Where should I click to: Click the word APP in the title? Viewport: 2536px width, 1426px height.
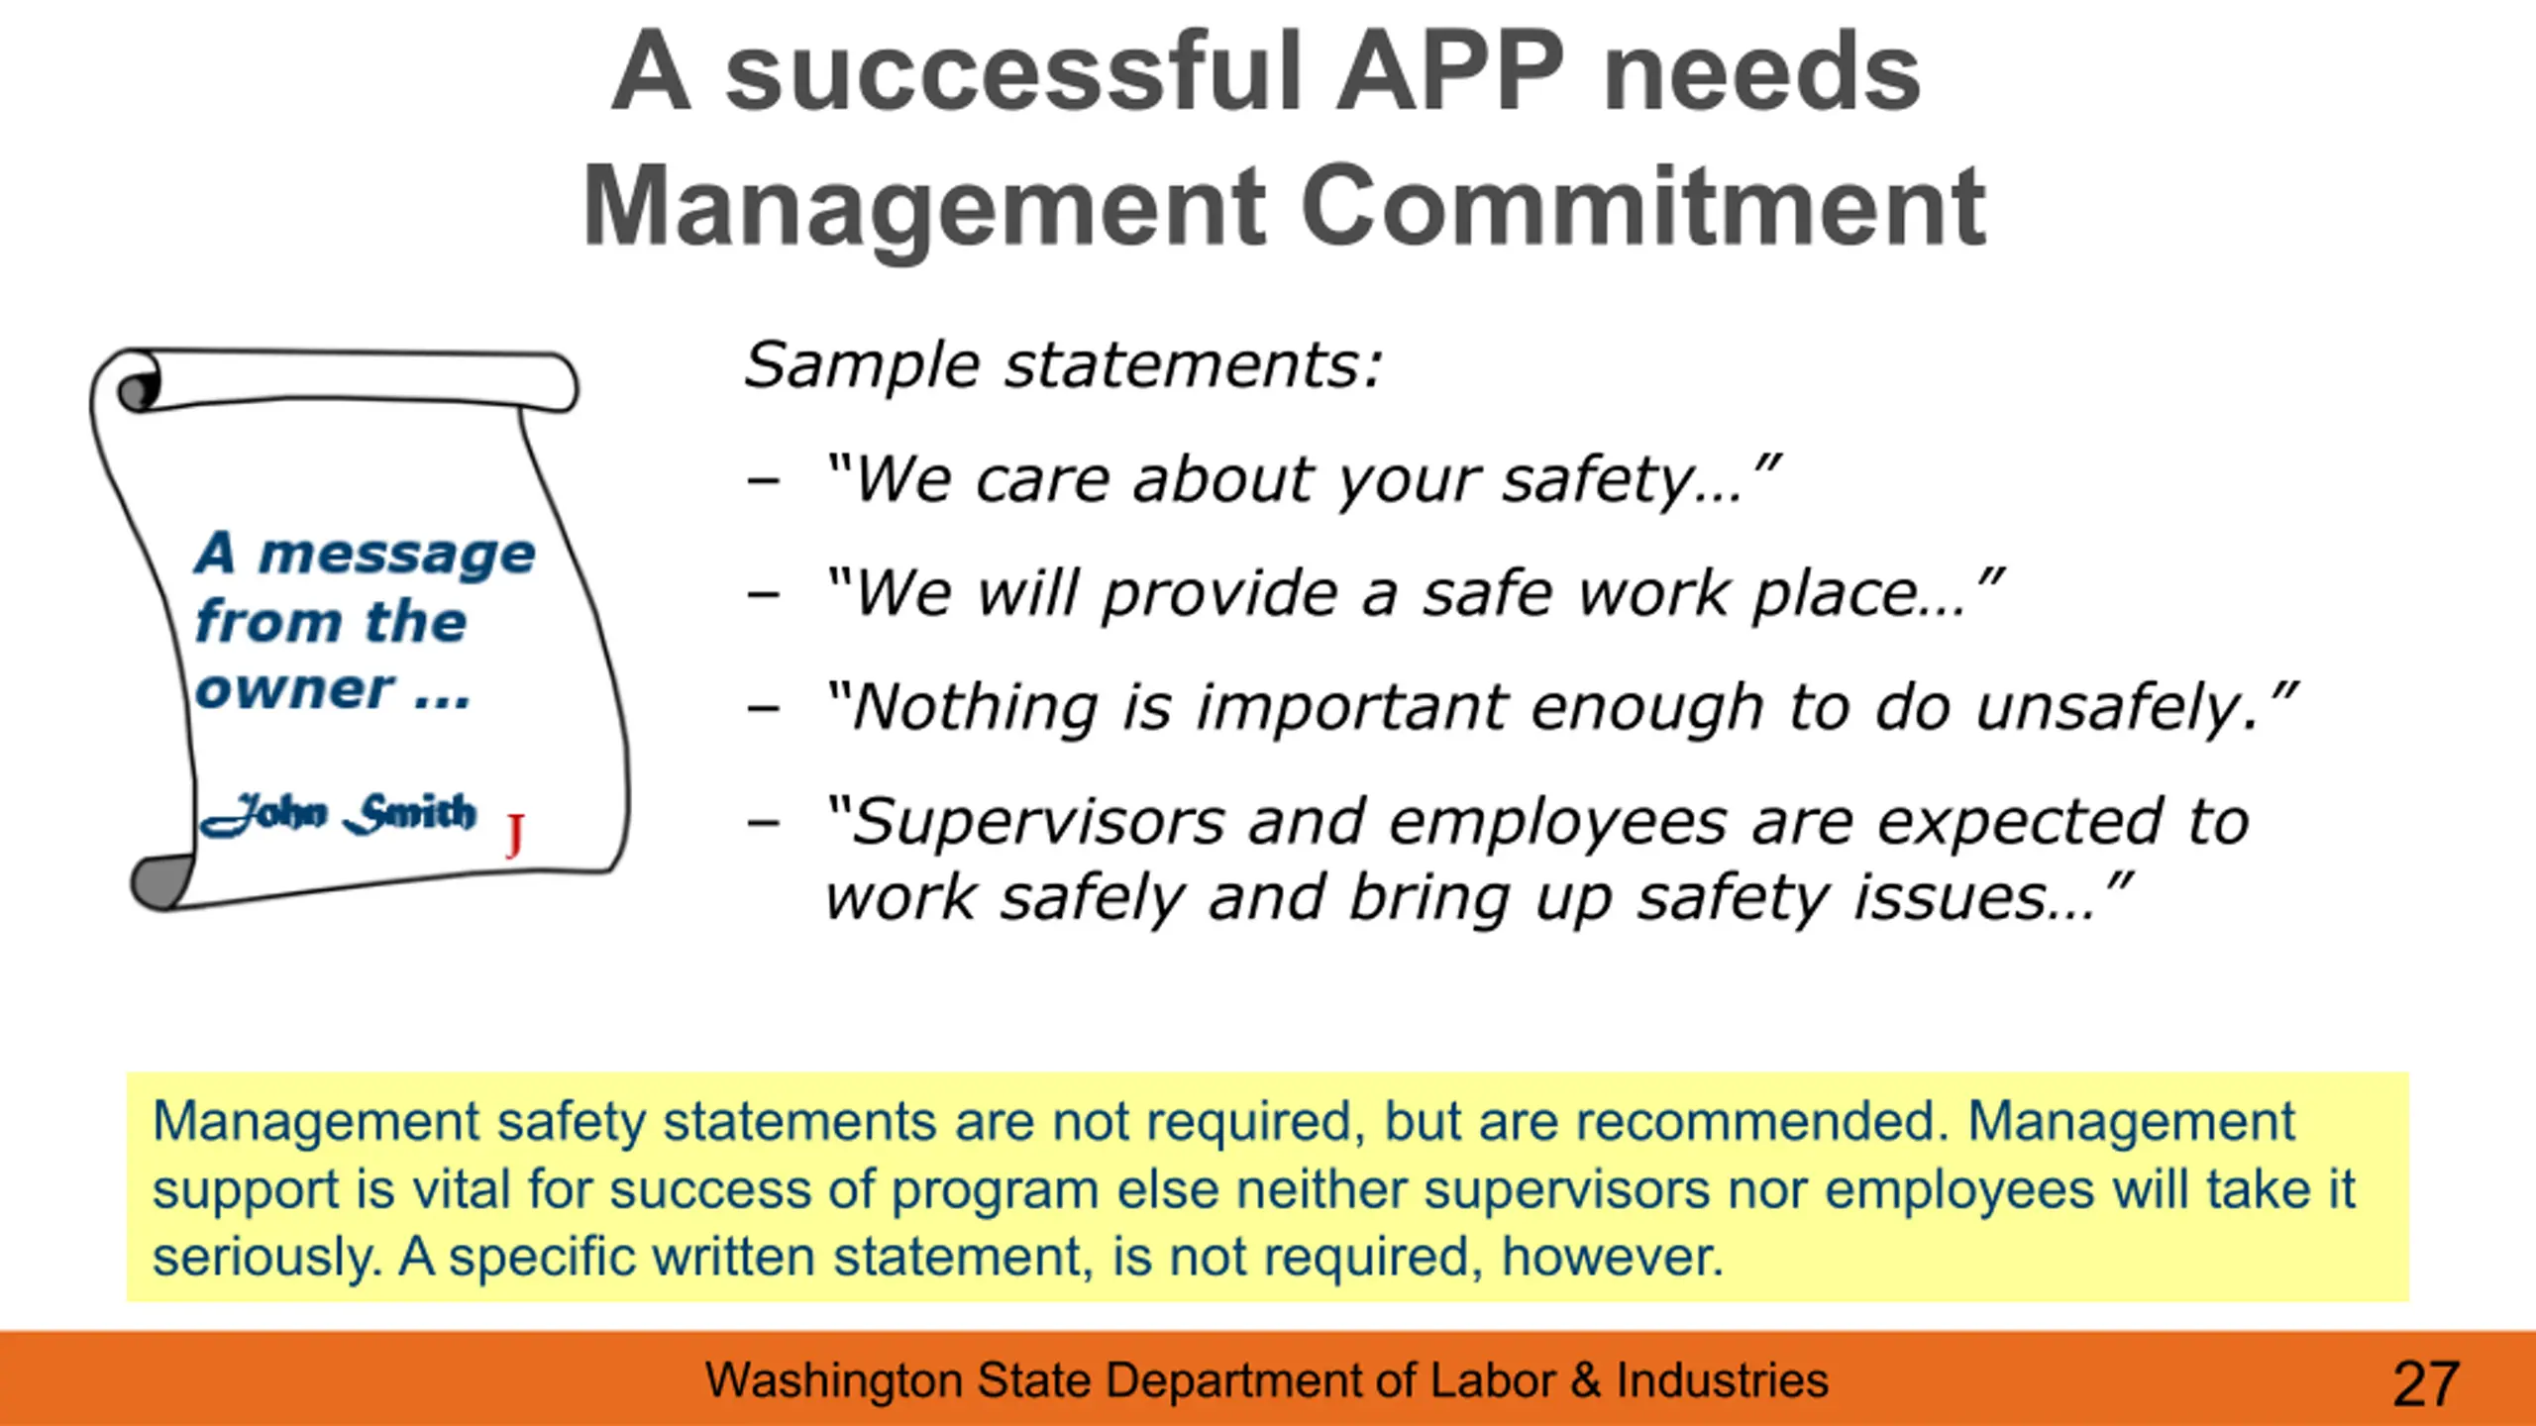tap(1450, 71)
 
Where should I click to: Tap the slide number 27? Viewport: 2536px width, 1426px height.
tap(2426, 1383)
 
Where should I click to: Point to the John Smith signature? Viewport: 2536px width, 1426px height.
tap(337, 814)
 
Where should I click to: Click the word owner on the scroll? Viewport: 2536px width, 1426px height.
tap(295, 689)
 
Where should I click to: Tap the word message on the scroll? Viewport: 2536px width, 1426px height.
tap(396, 554)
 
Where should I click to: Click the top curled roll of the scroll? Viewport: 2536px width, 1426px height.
tap(347, 380)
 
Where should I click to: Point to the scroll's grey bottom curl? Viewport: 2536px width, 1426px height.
tap(161, 881)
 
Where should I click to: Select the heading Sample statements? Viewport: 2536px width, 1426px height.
tap(1063, 364)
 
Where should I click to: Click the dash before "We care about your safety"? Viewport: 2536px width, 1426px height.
tap(764, 482)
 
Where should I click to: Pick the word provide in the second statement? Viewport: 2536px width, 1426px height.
tap(1220, 594)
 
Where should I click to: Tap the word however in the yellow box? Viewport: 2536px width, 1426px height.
tap(1613, 1257)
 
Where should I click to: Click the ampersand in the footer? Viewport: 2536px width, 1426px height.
tap(1586, 1380)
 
